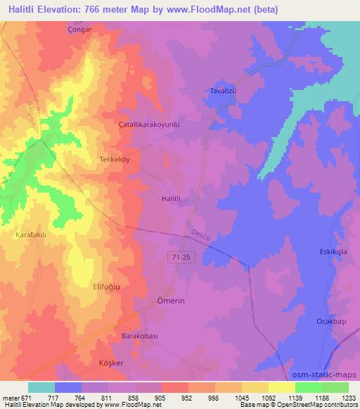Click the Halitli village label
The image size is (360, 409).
(x=172, y=199)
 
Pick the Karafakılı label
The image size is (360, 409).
(x=31, y=237)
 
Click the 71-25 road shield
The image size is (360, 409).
(x=181, y=258)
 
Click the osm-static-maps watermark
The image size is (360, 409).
(x=326, y=374)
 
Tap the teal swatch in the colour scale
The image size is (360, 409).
(x=41, y=387)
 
